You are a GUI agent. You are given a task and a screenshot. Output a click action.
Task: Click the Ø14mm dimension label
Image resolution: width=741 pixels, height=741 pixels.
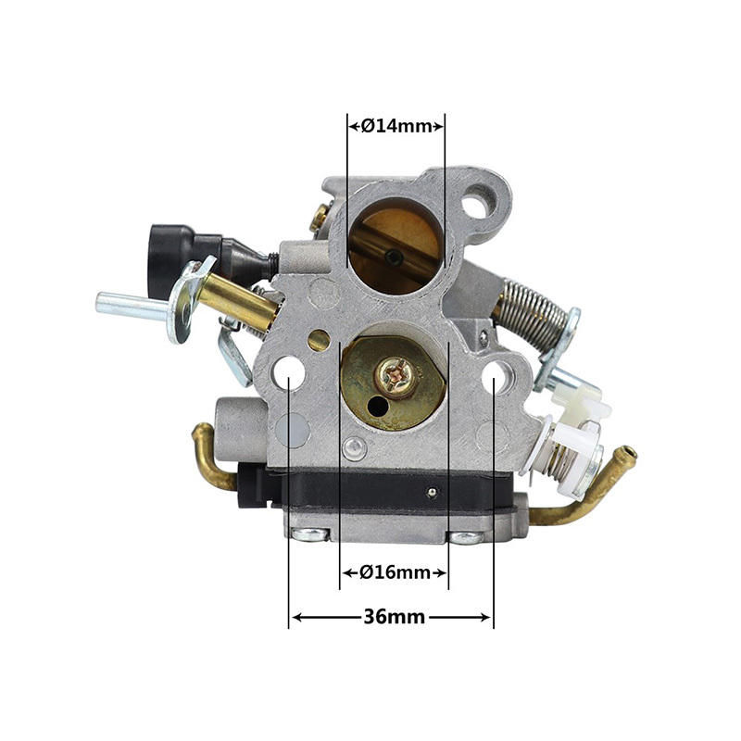pos(396,127)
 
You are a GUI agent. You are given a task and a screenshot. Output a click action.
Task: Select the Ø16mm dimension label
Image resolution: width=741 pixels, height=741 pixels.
pos(395,572)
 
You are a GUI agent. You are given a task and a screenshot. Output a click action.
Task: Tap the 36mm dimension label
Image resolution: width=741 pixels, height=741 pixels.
pos(395,617)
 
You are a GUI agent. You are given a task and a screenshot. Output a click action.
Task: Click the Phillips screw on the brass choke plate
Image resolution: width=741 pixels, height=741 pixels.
pos(396,375)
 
